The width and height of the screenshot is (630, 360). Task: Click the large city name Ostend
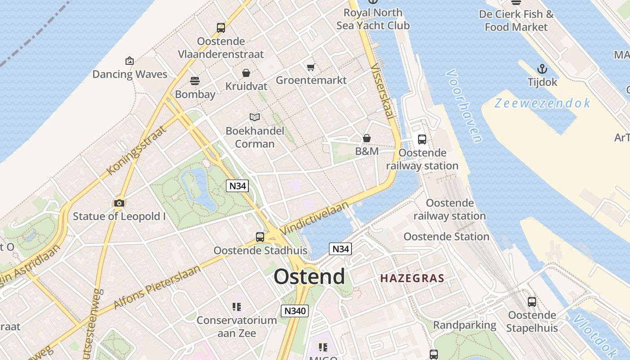tap(309, 276)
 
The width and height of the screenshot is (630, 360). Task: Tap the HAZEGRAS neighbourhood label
tap(412, 279)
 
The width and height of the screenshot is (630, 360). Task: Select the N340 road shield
tap(295, 310)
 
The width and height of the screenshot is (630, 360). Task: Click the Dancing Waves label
tap(130, 74)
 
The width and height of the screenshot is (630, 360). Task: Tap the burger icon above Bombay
tap(195, 81)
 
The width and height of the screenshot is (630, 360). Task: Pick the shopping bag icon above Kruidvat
tap(246, 73)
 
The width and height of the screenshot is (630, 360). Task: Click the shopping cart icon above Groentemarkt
tap(310, 67)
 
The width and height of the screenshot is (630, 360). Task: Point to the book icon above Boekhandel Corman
tap(255, 117)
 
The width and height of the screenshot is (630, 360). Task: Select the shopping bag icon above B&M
tap(367, 138)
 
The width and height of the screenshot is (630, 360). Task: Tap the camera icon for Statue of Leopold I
tap(119, 203)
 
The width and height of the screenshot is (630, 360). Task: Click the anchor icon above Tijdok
tap(542, 69)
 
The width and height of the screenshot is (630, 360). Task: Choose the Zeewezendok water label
tap(542, 103)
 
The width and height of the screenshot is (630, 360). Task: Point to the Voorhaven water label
tap(464, 106)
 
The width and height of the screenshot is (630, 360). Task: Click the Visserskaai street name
tap(382, 90)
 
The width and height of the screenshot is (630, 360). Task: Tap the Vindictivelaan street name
tap(315, 218)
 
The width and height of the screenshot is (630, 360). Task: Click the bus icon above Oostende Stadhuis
tap(260, 237)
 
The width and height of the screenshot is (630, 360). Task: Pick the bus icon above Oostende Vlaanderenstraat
tap(221, 28)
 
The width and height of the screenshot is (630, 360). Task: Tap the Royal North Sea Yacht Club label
tap(373, 19)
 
